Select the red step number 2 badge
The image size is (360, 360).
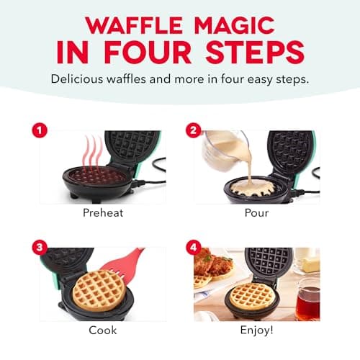[x=193, y=130]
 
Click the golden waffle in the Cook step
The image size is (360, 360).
[x=99, y=289]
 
